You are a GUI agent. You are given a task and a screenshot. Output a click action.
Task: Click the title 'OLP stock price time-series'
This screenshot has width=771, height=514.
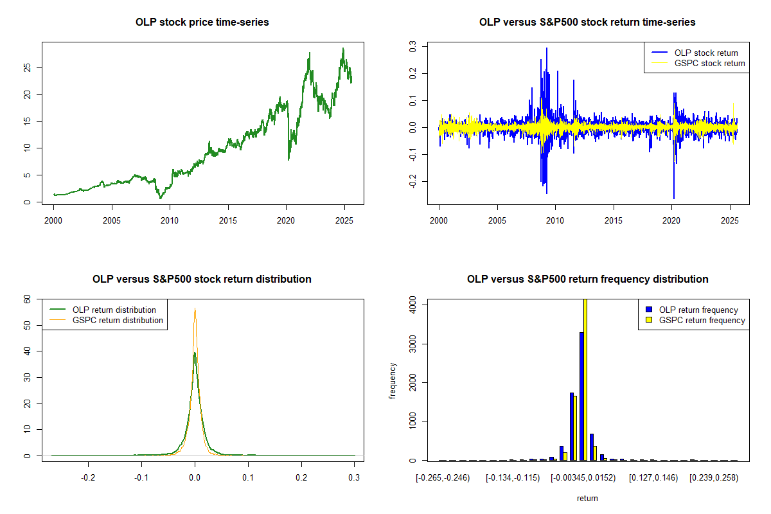202,22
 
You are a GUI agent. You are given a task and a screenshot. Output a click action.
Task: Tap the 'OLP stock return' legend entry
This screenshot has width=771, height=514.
705,53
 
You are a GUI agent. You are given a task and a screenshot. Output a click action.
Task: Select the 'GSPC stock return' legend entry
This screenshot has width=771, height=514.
709,63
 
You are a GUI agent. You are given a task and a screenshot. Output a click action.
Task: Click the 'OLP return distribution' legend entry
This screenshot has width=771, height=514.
114,310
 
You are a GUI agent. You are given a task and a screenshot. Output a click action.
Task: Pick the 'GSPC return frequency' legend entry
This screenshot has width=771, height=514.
702,320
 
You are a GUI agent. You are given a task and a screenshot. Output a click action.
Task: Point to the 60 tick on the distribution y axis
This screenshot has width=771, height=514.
27,299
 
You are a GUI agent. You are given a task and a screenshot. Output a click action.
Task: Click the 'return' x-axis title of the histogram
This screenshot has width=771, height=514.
587,497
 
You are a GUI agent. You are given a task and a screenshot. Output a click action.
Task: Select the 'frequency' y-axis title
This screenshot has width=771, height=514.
393,381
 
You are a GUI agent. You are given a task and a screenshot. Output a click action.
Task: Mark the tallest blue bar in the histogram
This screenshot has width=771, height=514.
581,396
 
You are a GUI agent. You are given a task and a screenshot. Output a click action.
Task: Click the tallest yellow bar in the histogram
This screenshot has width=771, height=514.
585,379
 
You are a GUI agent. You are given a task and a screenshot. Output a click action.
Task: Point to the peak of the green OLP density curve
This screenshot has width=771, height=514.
194,353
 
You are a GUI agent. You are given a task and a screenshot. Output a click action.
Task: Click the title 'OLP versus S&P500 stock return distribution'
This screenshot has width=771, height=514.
202,279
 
